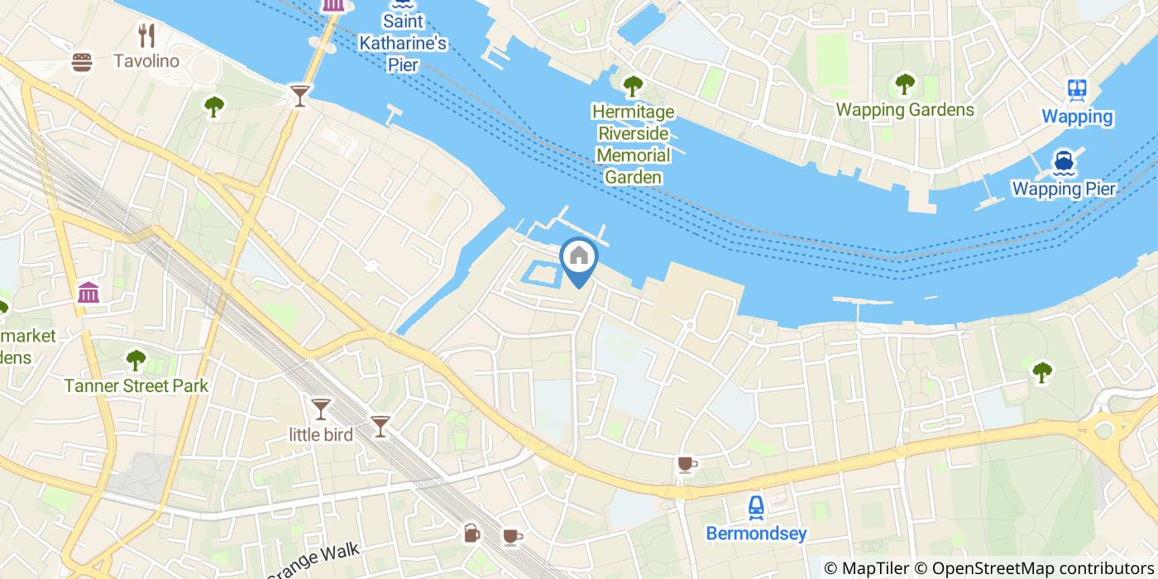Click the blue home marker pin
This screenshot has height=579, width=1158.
tap(578, 257)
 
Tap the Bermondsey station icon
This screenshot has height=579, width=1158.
tap(756, 506)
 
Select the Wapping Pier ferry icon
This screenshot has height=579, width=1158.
tap(1064, 162)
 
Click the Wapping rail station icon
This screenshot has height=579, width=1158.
tap(1077, 89)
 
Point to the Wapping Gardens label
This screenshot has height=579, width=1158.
tap(905, 110)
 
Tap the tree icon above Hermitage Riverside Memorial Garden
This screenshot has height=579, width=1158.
tap(633, 84)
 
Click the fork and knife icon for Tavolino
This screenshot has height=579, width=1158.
tap(147, 35)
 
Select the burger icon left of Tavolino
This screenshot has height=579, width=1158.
tap(81, 62)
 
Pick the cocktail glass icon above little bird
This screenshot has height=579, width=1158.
tap(320, 408)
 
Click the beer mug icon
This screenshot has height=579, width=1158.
tap(471, 533)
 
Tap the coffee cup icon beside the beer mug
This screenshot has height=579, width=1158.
tap(512, 537)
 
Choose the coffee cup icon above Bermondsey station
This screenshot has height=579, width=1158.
tap(686, 464)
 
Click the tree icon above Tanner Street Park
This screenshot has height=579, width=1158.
tap(136, 360)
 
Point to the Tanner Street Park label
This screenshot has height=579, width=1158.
tap(136, 385)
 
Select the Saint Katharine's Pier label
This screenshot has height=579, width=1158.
tap(402, 43)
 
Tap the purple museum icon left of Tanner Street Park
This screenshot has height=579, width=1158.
tap(89, 292)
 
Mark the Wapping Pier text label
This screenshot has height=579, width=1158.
tap(1064, 189)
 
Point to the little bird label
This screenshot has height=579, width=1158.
tap(321, 434)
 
